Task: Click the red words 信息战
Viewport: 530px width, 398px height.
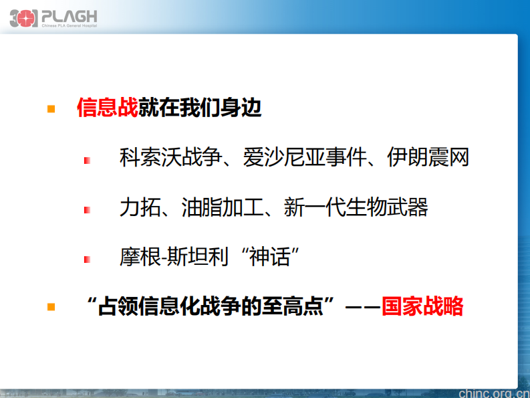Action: point(107,108)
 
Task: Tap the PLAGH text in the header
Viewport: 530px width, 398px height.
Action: point(70,15)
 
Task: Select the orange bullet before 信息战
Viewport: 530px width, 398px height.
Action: point(51,108)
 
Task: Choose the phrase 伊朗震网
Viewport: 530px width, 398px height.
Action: point(428,158)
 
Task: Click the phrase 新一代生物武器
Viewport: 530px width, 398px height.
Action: point(356,207)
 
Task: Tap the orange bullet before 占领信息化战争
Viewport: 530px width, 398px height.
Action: point(51,306)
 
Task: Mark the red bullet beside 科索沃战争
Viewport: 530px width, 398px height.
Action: point(87,161)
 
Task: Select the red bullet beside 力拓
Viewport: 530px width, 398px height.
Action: point(87,210)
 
